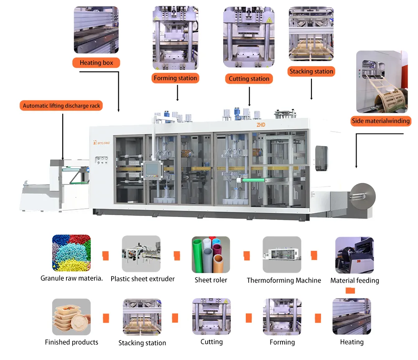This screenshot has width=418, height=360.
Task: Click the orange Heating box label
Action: (96, 63)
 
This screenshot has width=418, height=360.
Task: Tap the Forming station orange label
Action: (175, 78)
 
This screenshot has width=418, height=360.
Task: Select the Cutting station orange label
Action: (249, 78)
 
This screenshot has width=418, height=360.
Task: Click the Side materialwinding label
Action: (381, 121)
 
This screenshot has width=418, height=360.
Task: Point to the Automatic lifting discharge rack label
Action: (61, 106)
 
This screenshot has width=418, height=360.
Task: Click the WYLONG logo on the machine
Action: (102, 142)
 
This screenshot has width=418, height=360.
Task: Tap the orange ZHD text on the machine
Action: (262, 125)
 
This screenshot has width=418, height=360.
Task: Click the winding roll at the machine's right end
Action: (362, 195)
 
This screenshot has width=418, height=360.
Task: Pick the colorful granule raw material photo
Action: (71, 253)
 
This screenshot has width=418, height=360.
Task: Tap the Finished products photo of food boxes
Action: (71, 317)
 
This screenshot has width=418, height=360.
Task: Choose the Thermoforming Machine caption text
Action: (284, 280)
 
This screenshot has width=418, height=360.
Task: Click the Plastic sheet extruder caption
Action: (143, 278)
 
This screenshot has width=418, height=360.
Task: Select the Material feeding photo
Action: (354, 255)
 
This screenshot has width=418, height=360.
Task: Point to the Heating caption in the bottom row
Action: (352, 342)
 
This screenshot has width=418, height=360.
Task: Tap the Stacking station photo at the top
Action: (311, 33)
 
